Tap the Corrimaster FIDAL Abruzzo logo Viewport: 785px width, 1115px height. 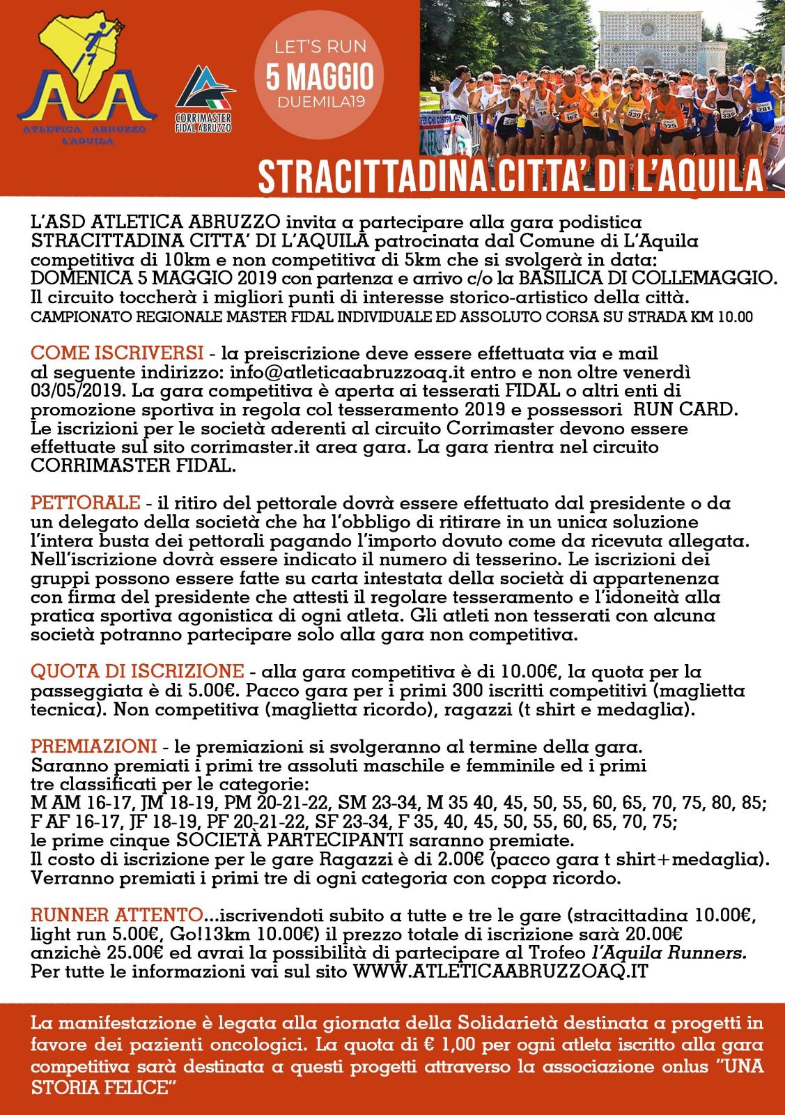tap(204, 98)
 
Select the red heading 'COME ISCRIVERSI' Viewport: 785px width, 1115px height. tap(118, 351)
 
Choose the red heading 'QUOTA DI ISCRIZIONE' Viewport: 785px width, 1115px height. tap(137, 672)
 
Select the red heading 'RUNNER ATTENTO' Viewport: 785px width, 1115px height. tap(118, 914)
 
